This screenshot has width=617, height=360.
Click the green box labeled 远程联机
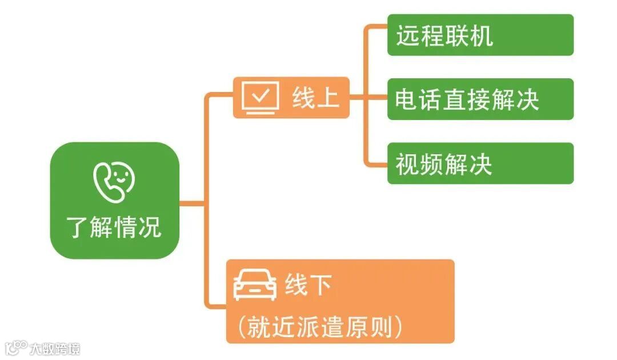(480, 35)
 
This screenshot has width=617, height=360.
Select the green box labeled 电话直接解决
(480, 99)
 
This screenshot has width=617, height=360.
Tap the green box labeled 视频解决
(480, 163)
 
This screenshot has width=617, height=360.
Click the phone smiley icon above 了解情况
(114, 181)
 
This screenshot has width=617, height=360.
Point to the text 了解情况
(114, 227)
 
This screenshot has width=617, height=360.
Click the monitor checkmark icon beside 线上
(261, 98)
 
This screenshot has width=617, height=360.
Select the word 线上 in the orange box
(316, 98)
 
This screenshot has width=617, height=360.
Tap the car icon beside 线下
(255, 285)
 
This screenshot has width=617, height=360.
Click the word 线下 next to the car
(308, 285)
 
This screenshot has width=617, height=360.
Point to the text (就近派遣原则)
(320, 326)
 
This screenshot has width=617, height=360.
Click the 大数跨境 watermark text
(55, 348)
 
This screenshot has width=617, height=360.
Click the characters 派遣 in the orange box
(320, 327)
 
